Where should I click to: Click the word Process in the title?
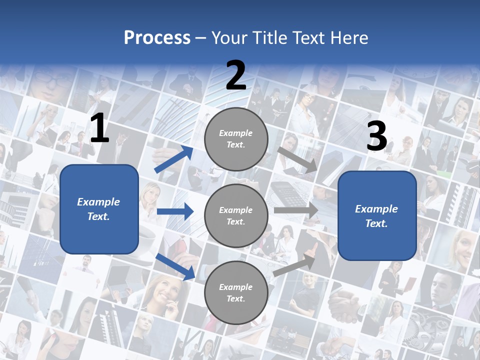tap(157, 37)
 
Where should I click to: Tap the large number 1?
tap(99, 128)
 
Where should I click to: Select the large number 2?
tap(236, 75)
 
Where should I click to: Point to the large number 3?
tap(376, 136)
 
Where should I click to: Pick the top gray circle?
tap(236, 139)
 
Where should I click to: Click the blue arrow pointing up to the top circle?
tap(174, 159)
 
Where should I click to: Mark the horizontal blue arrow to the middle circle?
tap(175, 212)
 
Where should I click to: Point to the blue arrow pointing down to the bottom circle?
tap(175, 266)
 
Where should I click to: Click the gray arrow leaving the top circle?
tap(298, 159)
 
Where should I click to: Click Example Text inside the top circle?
tap(236, 139)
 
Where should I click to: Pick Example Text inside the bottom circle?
tap(236, 293)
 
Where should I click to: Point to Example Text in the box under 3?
tap(376, 216)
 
